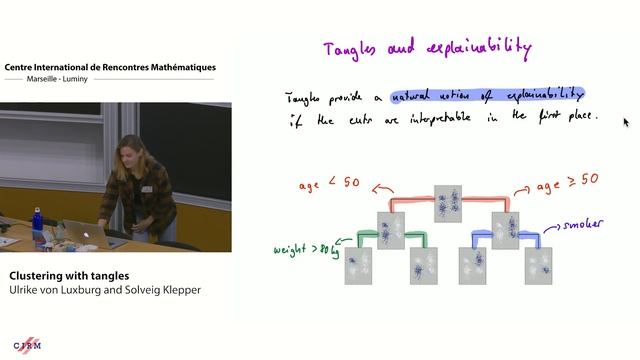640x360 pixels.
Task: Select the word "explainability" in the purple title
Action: click(x=478, y=47)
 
